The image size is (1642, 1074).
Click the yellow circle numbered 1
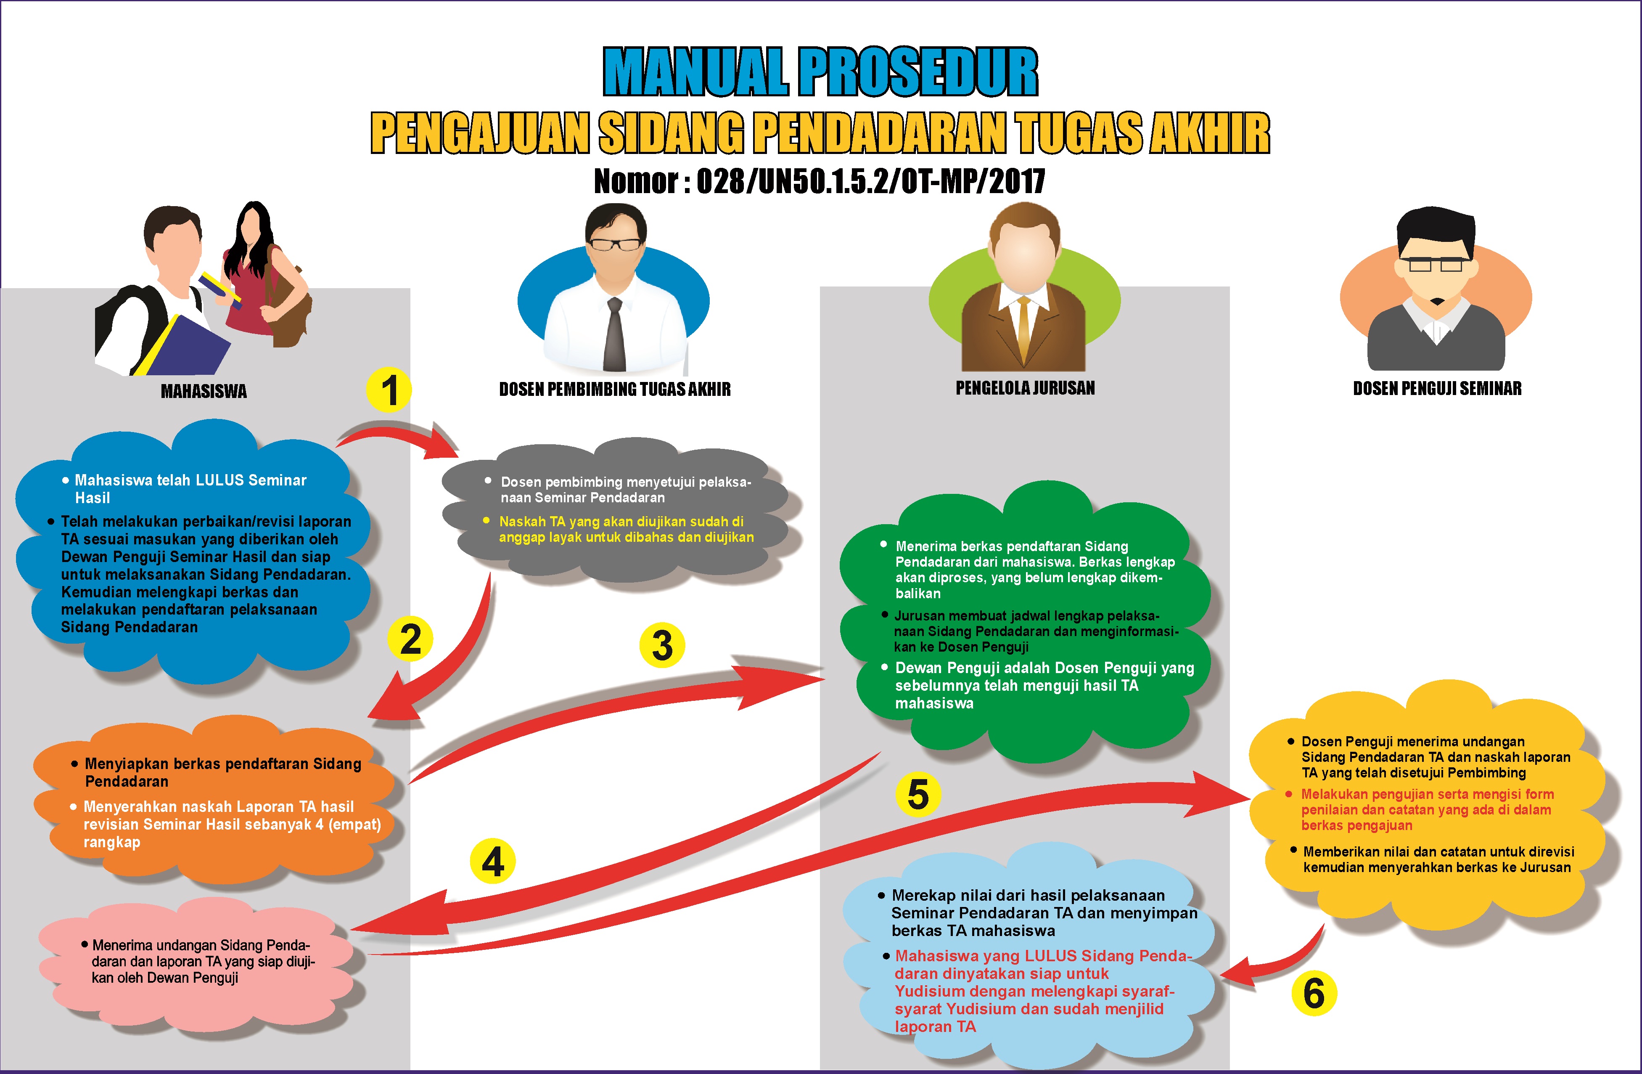click(389, 390)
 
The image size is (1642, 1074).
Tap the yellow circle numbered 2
click(410, 639)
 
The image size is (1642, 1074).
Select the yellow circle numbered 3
click(662, 645)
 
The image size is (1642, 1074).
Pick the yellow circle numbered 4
click(493, 862)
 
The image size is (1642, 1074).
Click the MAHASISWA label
click(204, 391)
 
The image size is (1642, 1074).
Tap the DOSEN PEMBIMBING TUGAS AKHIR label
click(615, 389)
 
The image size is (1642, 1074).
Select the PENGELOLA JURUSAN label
click(1025, 388)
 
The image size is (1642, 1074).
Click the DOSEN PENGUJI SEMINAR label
click(1437, 389)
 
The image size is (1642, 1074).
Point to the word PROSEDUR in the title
click(919, 72)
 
